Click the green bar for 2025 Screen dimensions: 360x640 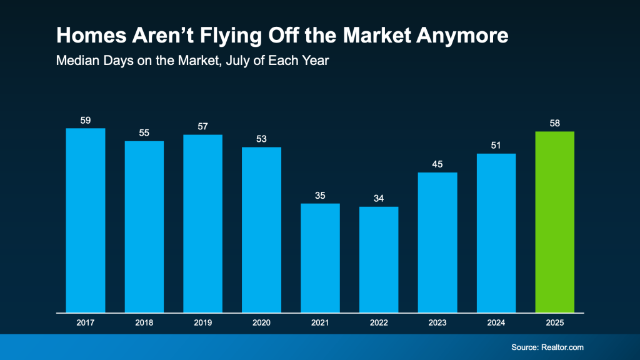(x=555, y=222)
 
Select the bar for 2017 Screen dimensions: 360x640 (x=86, y=220)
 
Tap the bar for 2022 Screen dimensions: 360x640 (x=379, y=259)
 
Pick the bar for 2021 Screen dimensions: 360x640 (x=320, y=257)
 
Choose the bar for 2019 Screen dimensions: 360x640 (x=202, y=223)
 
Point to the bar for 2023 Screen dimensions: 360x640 (x=437, y=242)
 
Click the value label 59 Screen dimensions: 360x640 (x=86, y=120)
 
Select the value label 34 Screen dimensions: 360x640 (x=379, y=199)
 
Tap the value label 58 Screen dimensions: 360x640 (x=555, y=123)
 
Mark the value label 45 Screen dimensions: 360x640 (x=437, y=164)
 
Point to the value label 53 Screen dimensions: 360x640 (x=261, y=139)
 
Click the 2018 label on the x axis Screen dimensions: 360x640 (x=144, y=324)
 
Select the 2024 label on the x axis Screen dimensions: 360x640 (x=496, y=324)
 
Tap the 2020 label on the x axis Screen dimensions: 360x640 (x=261, y=324)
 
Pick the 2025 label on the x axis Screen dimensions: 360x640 (x=555, y=324)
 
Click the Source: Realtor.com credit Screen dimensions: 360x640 (x=547, y=347)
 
